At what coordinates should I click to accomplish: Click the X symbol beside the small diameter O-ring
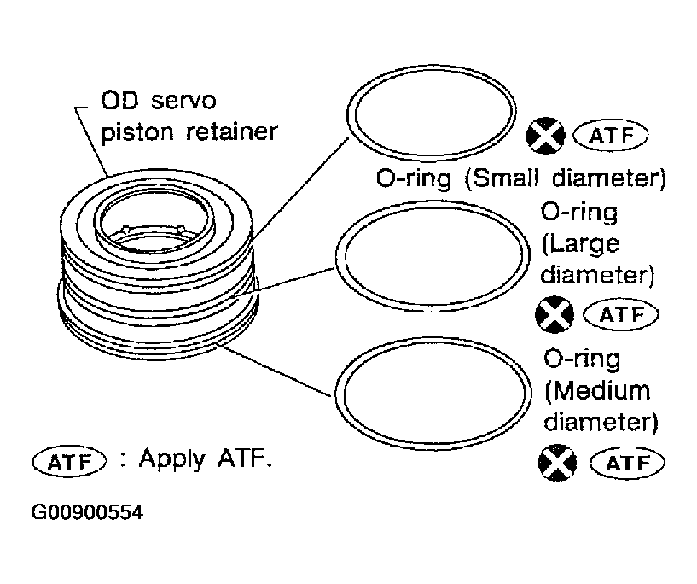click(x=546, y=136)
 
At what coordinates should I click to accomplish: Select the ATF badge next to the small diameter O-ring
click(x=612, y=136)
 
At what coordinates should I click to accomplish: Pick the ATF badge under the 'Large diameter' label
click(x=620, y=314)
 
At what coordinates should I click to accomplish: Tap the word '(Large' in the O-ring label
click(x=581, y=244)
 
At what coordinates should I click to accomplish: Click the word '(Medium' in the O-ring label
click(x=597, y=391)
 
